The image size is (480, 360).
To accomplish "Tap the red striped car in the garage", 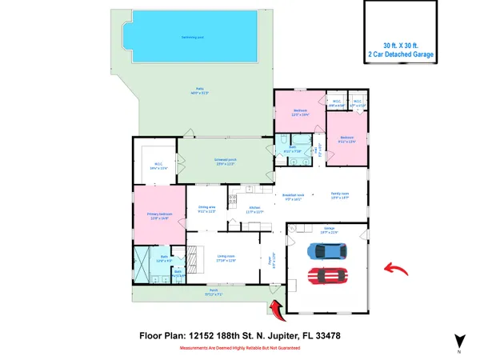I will click(328, 278).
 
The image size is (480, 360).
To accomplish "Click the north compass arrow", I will click(459, 341).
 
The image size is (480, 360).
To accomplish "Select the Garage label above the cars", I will click(330, 232).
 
